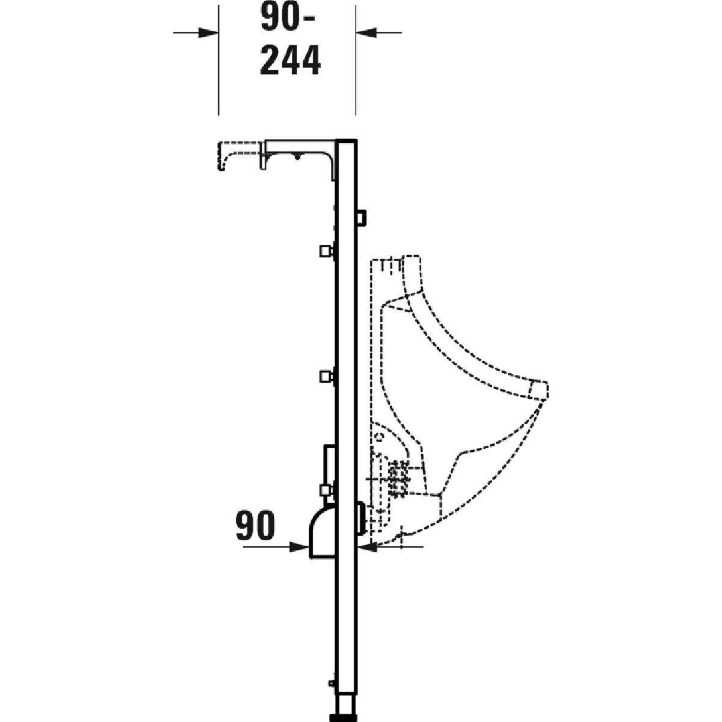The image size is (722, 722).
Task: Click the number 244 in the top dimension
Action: (291, 61)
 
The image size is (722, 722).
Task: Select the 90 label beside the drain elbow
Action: (255, 526)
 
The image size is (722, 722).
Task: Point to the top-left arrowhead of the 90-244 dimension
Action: (208, 32)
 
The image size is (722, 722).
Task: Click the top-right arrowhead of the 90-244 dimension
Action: (366, 32)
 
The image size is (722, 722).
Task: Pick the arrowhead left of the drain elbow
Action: (300, 547)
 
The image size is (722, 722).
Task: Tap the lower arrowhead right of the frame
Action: (367, 547)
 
